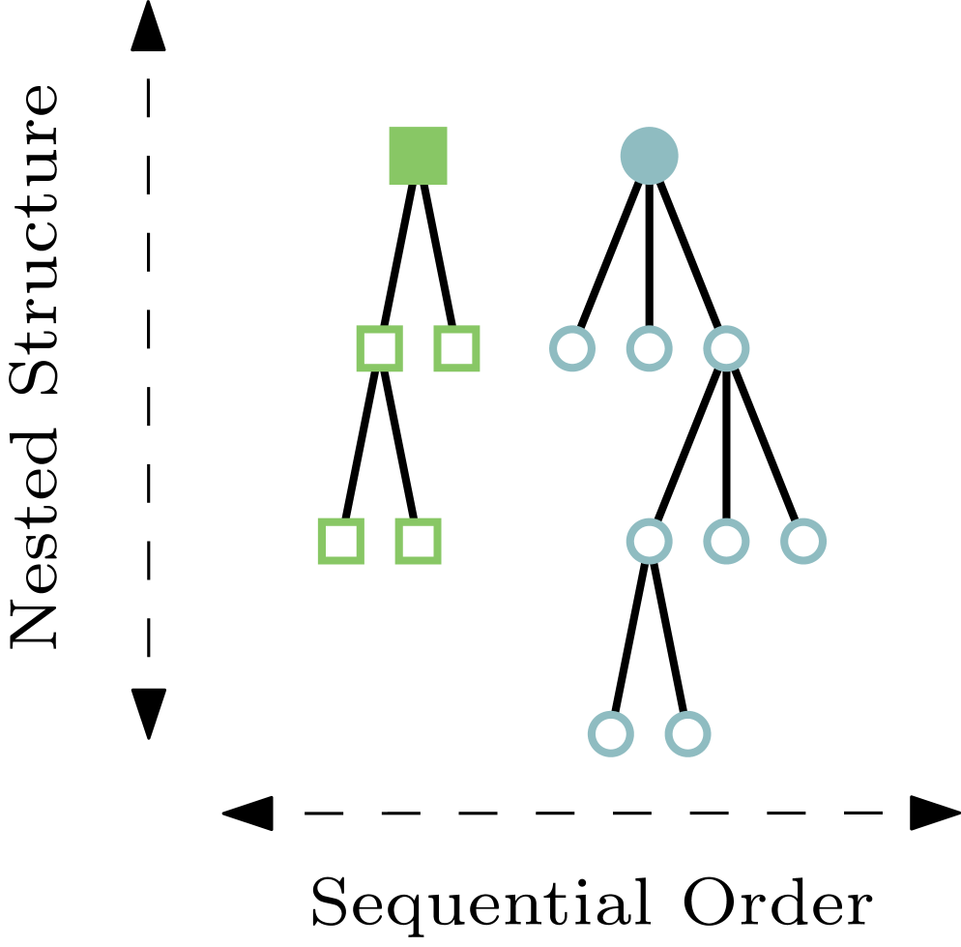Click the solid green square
point(418,156)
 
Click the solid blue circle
point(649,156)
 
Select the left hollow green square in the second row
point(379,348)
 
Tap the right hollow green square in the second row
point(456,348)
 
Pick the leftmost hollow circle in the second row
point(572,348)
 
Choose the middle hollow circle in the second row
point(649,348)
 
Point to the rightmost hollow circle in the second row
point(726,348)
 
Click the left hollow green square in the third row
point(341,541)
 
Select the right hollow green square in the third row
point(418,541)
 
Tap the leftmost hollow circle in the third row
point(649,541)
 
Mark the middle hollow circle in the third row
point(726,541)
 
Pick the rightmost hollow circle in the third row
point(803,541)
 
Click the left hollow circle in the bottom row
point(611,734)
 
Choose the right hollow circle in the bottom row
point(687,734)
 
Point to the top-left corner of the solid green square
point(390,128)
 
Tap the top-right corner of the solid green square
point(447,128)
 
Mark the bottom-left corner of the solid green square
point(390,184)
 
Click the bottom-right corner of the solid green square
point(447,184)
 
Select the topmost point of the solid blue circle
point(649,127)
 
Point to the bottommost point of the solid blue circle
point(649,185)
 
